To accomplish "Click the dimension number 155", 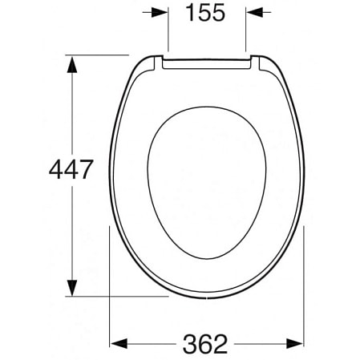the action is [x=205, y=13].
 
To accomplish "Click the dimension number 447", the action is [x=71, y=169].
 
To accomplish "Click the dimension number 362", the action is [x=205, y=344].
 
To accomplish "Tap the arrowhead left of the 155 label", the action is [x=160, y=12].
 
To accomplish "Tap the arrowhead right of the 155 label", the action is [x=254, y=12].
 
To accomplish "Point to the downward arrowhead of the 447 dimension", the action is [x=72, y=288].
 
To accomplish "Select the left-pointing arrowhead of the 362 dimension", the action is [x=119, y=344].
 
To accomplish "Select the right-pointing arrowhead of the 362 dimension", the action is [x=295, y=344].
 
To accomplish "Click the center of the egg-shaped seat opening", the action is [x=207, y=183].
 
